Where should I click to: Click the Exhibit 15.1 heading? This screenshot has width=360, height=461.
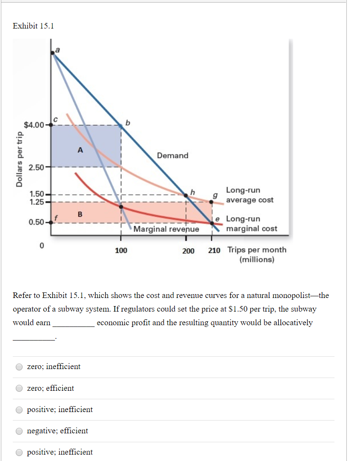(33, 26)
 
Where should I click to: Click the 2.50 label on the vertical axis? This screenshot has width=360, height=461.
(36, 167)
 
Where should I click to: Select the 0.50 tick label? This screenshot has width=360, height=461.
(36, 222)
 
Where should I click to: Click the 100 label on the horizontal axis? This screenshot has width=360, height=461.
(121, 250)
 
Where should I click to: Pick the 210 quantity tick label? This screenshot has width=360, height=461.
(214, 250)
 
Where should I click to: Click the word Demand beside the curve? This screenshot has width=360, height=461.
(172, 155)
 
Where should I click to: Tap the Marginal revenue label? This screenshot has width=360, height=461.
(166, 229)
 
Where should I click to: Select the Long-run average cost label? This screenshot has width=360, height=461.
(249, 195)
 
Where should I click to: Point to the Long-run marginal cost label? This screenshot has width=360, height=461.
(251, 224)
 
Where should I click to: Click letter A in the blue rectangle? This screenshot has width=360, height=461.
(80, 150)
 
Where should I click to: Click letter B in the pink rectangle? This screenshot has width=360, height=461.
(80, 213)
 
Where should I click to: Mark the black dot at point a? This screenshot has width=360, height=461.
(52, 52)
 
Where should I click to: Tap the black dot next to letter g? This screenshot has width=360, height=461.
(211, 201)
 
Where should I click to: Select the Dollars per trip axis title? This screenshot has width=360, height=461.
(18, 159)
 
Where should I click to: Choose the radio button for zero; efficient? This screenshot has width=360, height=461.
(19, 388)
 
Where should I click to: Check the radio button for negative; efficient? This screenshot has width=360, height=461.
(19, 431)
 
